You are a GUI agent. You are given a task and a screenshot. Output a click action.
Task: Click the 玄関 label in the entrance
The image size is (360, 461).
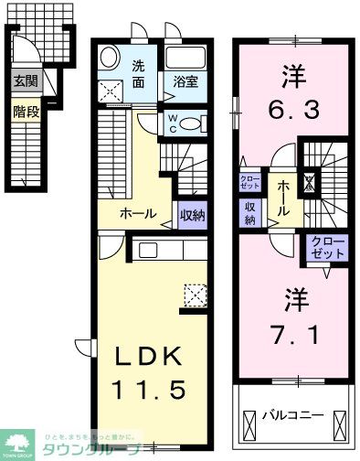coord(23,80)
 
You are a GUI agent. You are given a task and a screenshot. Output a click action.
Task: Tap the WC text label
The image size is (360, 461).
coord(173,123)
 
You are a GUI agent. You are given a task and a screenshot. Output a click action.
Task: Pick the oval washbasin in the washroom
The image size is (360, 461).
coord(110,58)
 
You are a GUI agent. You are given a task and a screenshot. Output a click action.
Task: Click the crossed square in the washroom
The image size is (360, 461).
coord(114,91)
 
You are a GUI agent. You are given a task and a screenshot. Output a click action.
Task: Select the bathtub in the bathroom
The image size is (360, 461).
coord(186,58)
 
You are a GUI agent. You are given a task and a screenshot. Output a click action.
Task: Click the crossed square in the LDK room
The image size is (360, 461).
coord(195,295)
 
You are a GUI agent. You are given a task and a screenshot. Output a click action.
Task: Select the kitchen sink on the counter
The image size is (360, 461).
coord(148,250)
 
